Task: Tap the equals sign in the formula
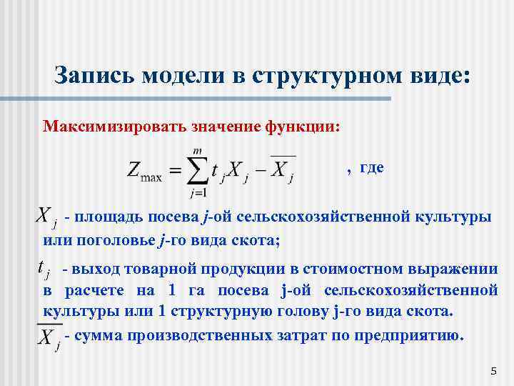pos(172,169)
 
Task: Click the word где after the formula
pos(371,167)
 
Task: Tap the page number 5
pos(493,370)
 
